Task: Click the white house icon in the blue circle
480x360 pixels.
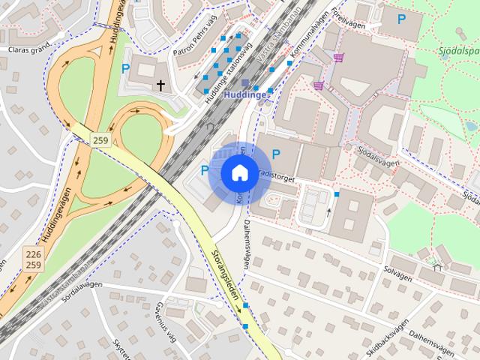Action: (238, 172)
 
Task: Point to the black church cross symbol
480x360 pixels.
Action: (160, 86)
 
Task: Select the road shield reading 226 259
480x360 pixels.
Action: (32, 259)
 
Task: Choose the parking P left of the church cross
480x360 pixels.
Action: (125, 68)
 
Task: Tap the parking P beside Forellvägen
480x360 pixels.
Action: (401, 19)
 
